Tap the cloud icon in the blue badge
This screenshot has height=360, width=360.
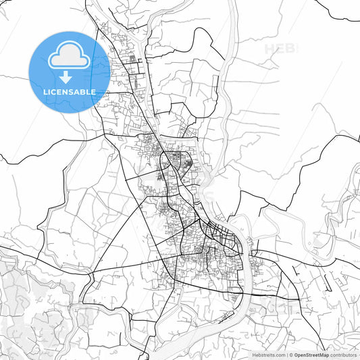tap(68, 56)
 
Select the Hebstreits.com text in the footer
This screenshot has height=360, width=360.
tap(268, 355)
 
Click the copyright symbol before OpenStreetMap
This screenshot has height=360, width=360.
tap(291, 355)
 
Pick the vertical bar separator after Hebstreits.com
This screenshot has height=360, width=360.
tap(286, 355)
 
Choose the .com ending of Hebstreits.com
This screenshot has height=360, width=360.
tap(279, 355)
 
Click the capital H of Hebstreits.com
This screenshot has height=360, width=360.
tap(254, 355)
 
